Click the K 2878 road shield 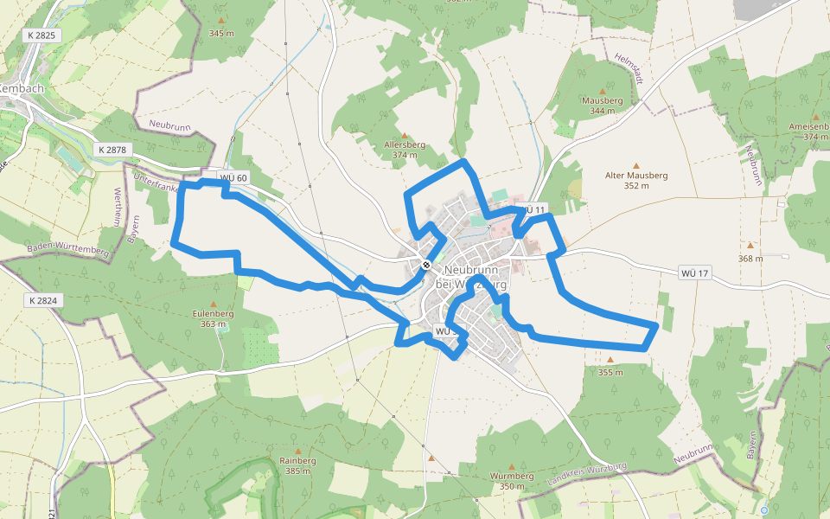point(112,150)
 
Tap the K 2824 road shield point(42,300)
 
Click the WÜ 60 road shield point(233,178)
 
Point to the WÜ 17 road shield point(694,273)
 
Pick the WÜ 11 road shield point(533,210)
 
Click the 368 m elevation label point(750,258)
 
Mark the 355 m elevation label point(610,372)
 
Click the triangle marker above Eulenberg point(213,304)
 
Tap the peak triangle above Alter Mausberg point(637,165)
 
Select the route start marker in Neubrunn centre point(427,264)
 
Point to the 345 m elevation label point(221,34)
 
